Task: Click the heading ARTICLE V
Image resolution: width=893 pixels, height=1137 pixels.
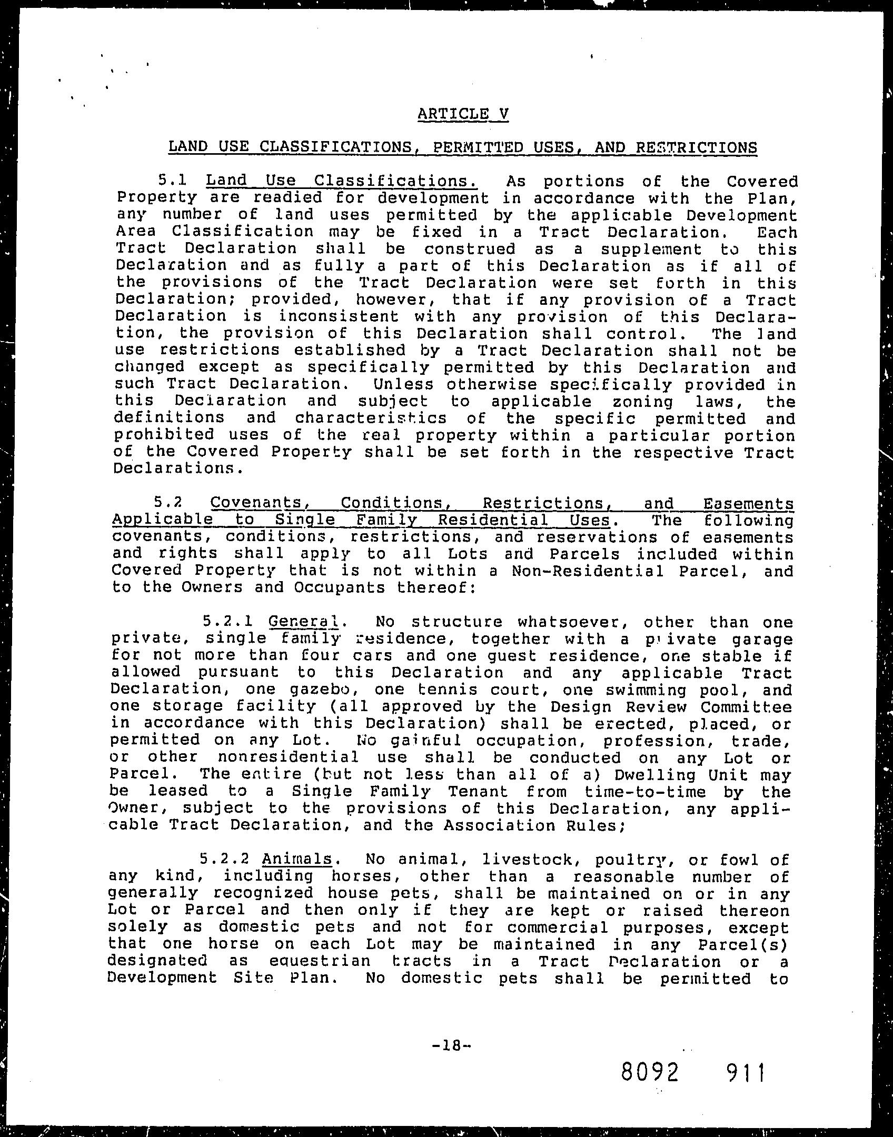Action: pyautogui.click(x=463, y=114)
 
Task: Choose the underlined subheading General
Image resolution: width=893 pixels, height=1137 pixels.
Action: pyautogui.click(x=303, y=622)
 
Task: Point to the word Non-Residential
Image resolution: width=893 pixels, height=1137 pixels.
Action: pyautogui.click(x=588, y=571)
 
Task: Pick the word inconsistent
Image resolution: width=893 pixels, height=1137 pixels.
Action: pyautogui.click(x=339, y=316)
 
